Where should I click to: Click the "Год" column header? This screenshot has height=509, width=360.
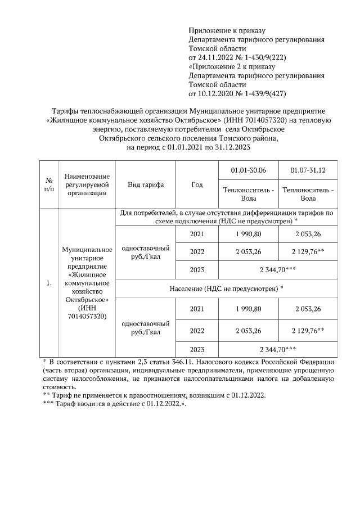pos(196,185)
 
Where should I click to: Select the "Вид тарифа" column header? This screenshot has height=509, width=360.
pos(146,185)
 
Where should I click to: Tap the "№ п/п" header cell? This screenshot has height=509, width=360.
pos(49,185)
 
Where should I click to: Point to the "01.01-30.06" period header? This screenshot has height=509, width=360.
pos(248,170)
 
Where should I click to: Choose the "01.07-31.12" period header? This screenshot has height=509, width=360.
pos(308,170)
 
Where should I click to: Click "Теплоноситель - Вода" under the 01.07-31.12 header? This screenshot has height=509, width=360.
pos(308,194)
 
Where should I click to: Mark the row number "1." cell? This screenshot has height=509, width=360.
pos(49,283)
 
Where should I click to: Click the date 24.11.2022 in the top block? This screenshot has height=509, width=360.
pos(209,57)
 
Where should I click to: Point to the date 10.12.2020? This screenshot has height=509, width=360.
pos(209,93)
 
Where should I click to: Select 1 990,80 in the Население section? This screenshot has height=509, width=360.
pos(248,309)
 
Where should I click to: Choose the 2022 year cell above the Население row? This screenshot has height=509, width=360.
pos(196,252)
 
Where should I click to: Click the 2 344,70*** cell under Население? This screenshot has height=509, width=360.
pos(278,349)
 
